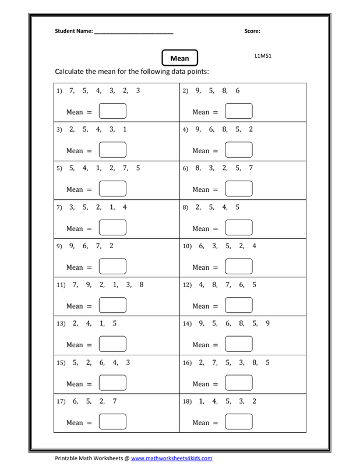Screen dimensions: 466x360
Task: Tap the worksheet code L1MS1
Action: point(263,56)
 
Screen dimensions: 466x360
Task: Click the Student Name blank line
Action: point(133,32)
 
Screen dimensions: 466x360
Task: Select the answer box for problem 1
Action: point(113,111)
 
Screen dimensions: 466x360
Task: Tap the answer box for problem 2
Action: point(239,111)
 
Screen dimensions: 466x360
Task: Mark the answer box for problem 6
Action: point(239,189)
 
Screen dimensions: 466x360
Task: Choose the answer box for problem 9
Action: point(113,267)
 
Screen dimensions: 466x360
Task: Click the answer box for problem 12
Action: point(239,306)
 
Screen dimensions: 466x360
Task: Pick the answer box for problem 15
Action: point(113,384)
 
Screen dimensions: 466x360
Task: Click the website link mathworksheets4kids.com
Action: point(171,458)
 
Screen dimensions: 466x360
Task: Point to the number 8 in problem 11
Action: point(142,285)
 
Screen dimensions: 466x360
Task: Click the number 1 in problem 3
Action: point(125,129)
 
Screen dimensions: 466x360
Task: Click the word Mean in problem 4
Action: point(201,151)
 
